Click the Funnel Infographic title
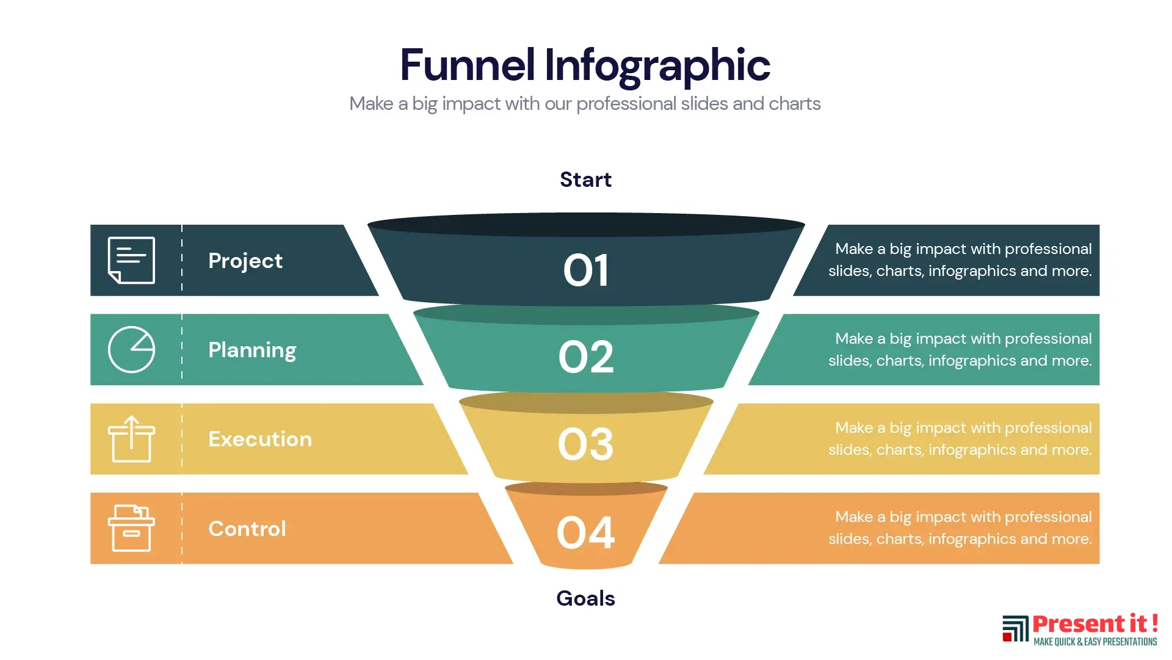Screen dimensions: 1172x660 tap(585, 65)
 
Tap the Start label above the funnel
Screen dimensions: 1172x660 tap(585, 180)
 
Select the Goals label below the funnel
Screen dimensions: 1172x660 tap(585, 598)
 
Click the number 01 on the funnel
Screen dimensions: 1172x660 tap(586, 270)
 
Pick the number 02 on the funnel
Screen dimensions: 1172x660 tap(586, 357)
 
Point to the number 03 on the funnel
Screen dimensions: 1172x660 tap(585, 444)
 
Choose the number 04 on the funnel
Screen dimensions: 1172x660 tap(585, 532)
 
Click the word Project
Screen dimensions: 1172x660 tap(245, 261)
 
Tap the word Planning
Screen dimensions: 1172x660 tap(252, 350)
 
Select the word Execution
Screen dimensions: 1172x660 tap(260, 439)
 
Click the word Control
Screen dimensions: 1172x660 tap(247, 529)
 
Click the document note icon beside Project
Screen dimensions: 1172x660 tap(131, 260)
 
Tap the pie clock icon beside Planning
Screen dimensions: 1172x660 tap(131, 349)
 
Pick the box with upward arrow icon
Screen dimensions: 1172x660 tap(131, 439)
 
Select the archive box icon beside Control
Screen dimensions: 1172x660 tap(131, 528)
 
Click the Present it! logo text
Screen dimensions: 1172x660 tap(1095, 624)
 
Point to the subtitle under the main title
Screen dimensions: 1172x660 tap(585, 104)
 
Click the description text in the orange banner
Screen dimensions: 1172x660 tap(960, 528)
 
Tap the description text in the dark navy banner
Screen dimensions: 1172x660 tap(960, 260)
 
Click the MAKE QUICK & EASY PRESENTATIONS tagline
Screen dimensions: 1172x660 tap(1095, 642)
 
